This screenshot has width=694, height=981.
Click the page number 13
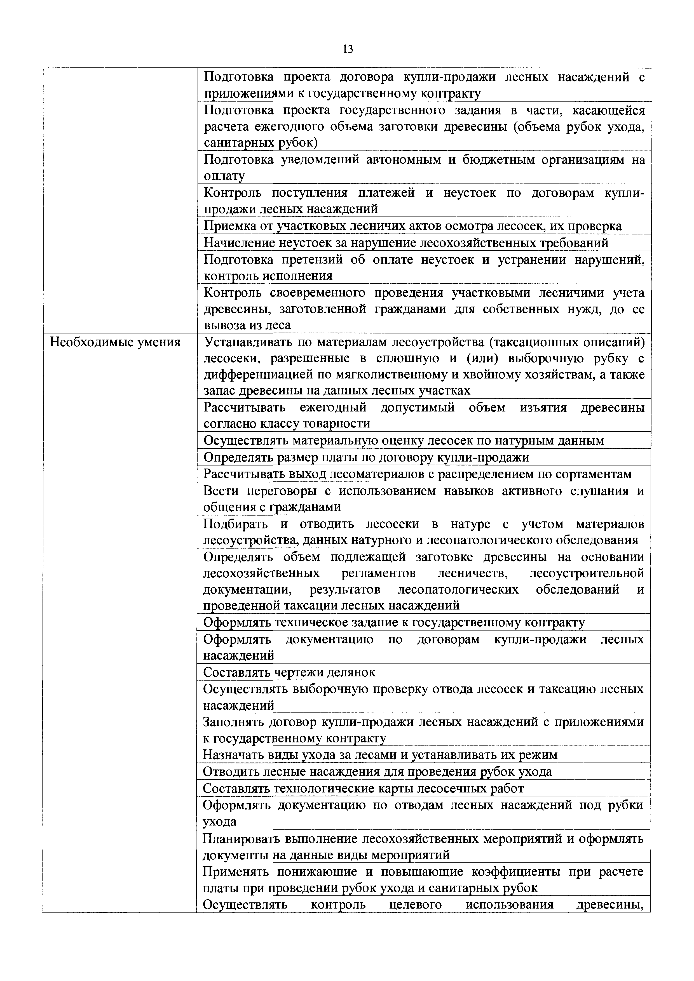[348, 49]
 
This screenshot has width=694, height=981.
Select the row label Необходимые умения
[115, 342]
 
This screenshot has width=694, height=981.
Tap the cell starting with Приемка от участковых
[412, 226]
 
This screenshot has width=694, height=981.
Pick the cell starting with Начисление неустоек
[406, 243]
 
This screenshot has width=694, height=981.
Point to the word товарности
[336, 424]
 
